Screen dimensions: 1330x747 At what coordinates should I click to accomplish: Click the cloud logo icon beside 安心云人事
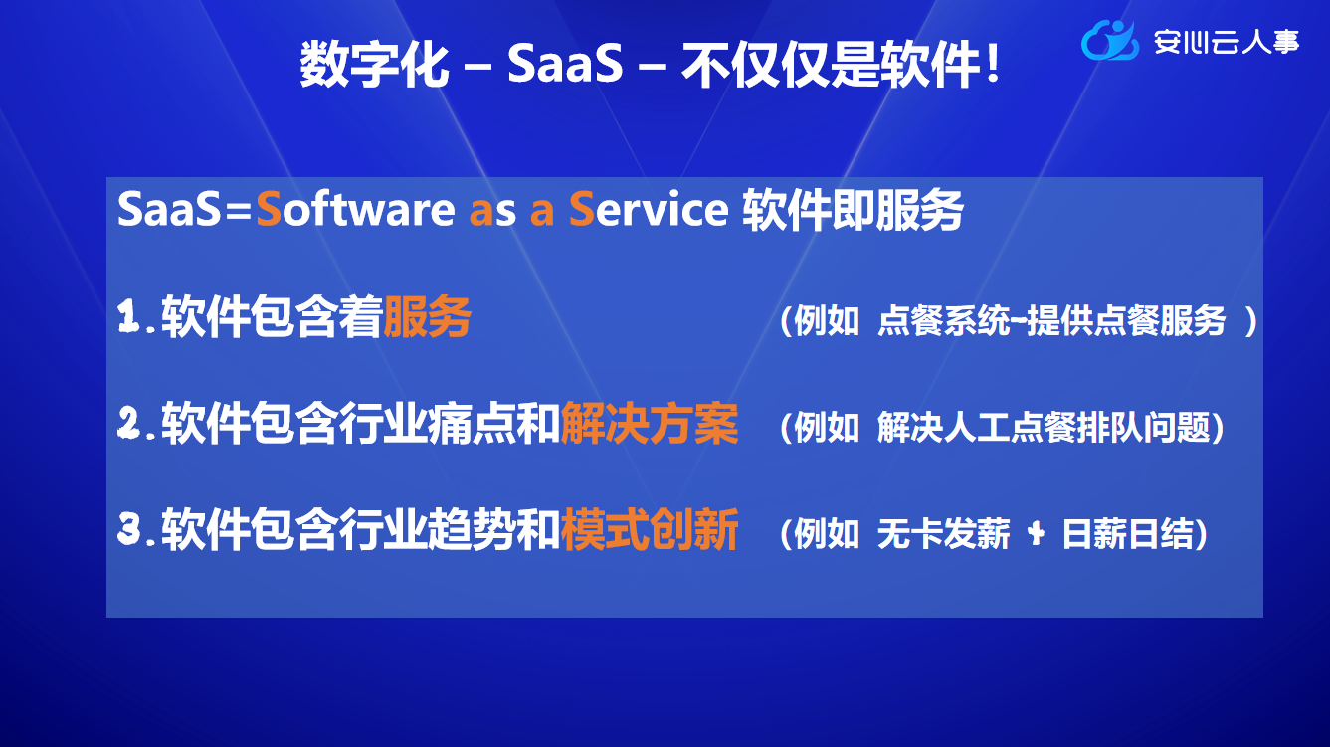click(1109, 41)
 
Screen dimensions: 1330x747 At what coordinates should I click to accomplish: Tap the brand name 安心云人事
click(1227, 42)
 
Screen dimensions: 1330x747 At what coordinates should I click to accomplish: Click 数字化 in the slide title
click(374, 64)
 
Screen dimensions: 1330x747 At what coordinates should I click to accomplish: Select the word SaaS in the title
click(565, 63)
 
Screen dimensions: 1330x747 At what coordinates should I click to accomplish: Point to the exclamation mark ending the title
click(992, 63)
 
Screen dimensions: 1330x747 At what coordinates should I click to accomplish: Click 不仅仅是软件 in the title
click(831, 64)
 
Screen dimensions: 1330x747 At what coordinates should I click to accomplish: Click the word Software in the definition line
click(355, 209)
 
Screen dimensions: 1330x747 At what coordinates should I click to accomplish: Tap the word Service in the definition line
click(649, 209)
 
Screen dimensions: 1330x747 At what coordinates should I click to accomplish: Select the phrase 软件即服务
click(853, 210)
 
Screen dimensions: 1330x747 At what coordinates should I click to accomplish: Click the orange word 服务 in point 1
click(428, 316)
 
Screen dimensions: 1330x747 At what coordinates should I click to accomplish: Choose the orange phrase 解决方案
click(650, 424)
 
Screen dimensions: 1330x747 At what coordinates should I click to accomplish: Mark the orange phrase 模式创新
click(650, 530)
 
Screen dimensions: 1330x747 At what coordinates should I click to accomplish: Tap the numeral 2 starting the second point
click(129, 423)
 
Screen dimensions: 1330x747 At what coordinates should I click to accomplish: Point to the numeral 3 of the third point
click(129, 529)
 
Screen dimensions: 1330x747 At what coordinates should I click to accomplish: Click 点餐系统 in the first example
click(943, 320)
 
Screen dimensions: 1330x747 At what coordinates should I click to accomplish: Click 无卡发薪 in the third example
click(943, 534)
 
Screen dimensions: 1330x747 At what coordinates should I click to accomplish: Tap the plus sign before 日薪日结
click(1037, 534)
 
